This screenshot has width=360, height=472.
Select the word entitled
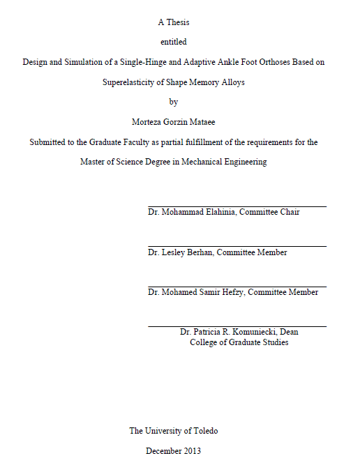173,42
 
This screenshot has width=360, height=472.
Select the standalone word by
174,101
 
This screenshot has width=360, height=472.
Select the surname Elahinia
217,212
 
